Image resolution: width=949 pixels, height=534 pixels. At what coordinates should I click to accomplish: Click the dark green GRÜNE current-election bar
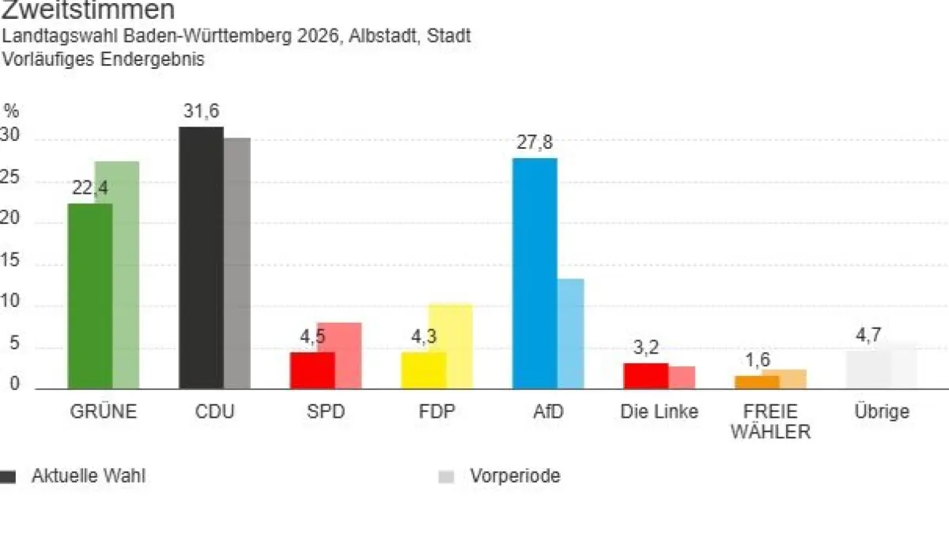coord(89,297)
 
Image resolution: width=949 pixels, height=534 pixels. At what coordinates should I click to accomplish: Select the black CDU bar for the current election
coord(201,258)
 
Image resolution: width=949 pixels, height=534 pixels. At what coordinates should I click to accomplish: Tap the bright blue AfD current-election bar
coord(535,274)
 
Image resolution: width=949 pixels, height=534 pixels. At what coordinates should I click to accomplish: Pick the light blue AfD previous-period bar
coord(571,334)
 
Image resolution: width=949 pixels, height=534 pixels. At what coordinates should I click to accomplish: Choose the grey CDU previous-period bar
coord(237,263)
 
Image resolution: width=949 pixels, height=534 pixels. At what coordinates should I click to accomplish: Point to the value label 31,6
coord(201,112)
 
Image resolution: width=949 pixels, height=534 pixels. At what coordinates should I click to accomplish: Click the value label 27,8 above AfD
coord(535,143)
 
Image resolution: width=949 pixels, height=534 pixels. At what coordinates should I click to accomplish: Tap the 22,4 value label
coord(89,188)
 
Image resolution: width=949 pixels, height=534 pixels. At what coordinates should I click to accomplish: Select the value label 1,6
coord(757,361)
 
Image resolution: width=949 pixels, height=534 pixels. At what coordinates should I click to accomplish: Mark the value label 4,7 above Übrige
coord(868,335)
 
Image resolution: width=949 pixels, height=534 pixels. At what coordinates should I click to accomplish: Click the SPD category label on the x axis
coord(325,412)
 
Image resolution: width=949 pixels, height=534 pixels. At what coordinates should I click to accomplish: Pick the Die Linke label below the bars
coord(660,412)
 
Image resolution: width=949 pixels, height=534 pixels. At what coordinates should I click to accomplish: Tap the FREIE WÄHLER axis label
coord(770,422)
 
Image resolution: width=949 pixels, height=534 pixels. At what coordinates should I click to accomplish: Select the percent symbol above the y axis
coord(10,111)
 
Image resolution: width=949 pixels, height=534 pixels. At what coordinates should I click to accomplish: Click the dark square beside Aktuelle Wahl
coord(8,476)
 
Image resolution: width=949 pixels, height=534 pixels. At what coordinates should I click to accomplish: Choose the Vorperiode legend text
coord(515,476)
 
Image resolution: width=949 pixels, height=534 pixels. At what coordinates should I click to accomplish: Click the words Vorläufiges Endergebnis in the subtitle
coord(104,59)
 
